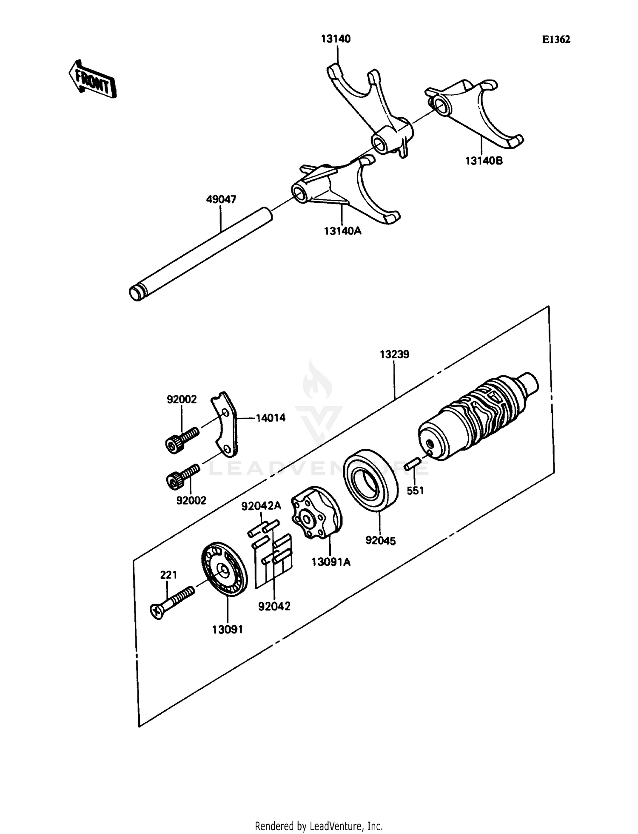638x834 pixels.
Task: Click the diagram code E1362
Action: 556,40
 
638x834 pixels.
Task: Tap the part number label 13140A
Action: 342,231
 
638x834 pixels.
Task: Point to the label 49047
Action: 221,199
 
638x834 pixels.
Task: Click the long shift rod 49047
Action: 200,255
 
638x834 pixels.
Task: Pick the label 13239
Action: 394,355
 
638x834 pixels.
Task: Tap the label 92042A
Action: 261,506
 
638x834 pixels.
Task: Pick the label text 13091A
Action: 331,562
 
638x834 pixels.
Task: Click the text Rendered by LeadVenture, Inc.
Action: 319,826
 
